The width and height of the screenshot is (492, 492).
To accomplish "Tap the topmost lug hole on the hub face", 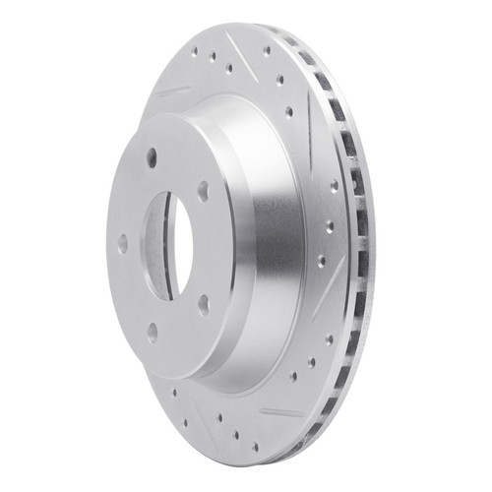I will point(152,154).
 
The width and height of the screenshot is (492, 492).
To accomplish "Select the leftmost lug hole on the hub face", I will point(122,243).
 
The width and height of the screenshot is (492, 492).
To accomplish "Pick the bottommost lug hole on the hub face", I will point(152,333).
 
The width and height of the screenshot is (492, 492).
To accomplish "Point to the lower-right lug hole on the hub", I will point(202,304).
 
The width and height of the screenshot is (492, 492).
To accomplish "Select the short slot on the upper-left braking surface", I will point(173,91).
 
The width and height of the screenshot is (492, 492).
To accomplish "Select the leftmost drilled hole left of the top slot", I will point(196,50).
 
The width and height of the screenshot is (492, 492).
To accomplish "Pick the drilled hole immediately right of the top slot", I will point(267,49).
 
